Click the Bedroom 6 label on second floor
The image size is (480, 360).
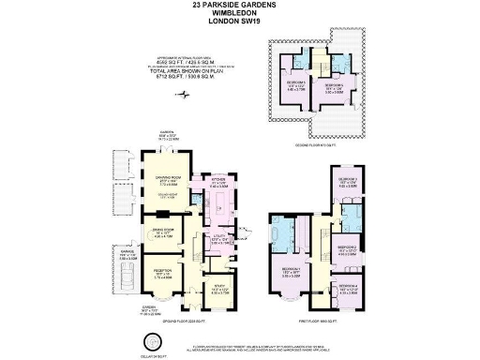tap(335, 88)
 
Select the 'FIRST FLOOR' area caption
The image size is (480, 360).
tap(323, 321)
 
